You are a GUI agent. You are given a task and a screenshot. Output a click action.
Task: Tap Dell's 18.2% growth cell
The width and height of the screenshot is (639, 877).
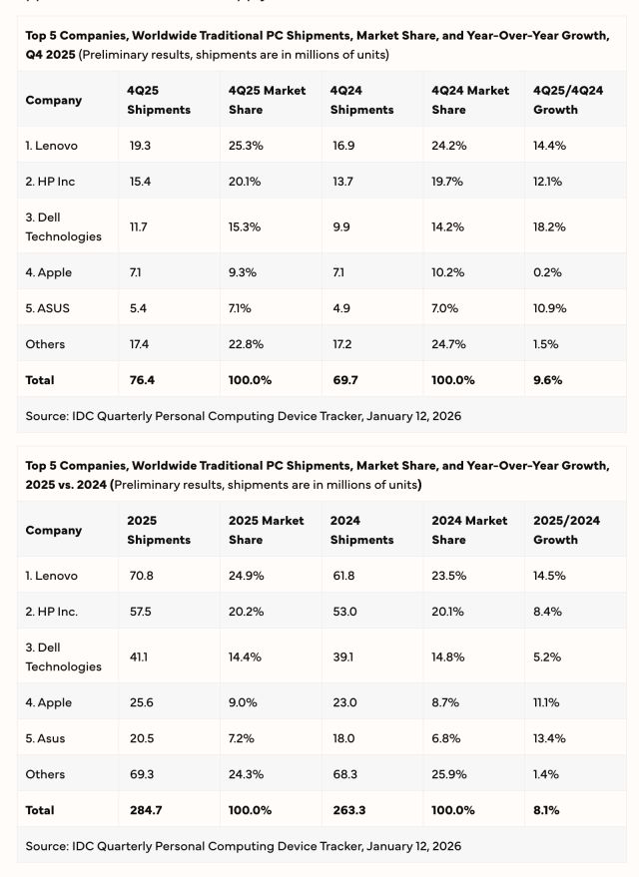coord(549,226)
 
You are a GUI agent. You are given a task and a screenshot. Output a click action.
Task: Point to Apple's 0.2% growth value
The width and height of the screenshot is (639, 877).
coord(548,272)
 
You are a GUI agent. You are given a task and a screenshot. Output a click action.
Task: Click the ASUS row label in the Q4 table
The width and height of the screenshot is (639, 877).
coord(47,308)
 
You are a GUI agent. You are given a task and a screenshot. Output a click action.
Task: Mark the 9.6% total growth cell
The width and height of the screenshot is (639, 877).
coord(547,380)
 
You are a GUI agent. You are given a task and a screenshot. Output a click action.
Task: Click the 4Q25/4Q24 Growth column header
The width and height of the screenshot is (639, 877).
coord(569,100)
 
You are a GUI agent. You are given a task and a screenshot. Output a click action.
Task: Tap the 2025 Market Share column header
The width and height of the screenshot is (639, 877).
coord(267,530)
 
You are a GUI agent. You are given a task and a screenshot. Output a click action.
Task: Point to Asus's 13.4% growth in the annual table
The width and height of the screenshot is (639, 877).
coord(549,738)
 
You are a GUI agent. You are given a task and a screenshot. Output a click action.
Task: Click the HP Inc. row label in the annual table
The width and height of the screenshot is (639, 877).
coord(52,612)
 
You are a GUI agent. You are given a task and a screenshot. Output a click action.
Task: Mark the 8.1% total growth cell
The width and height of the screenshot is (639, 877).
coord(546,810)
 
